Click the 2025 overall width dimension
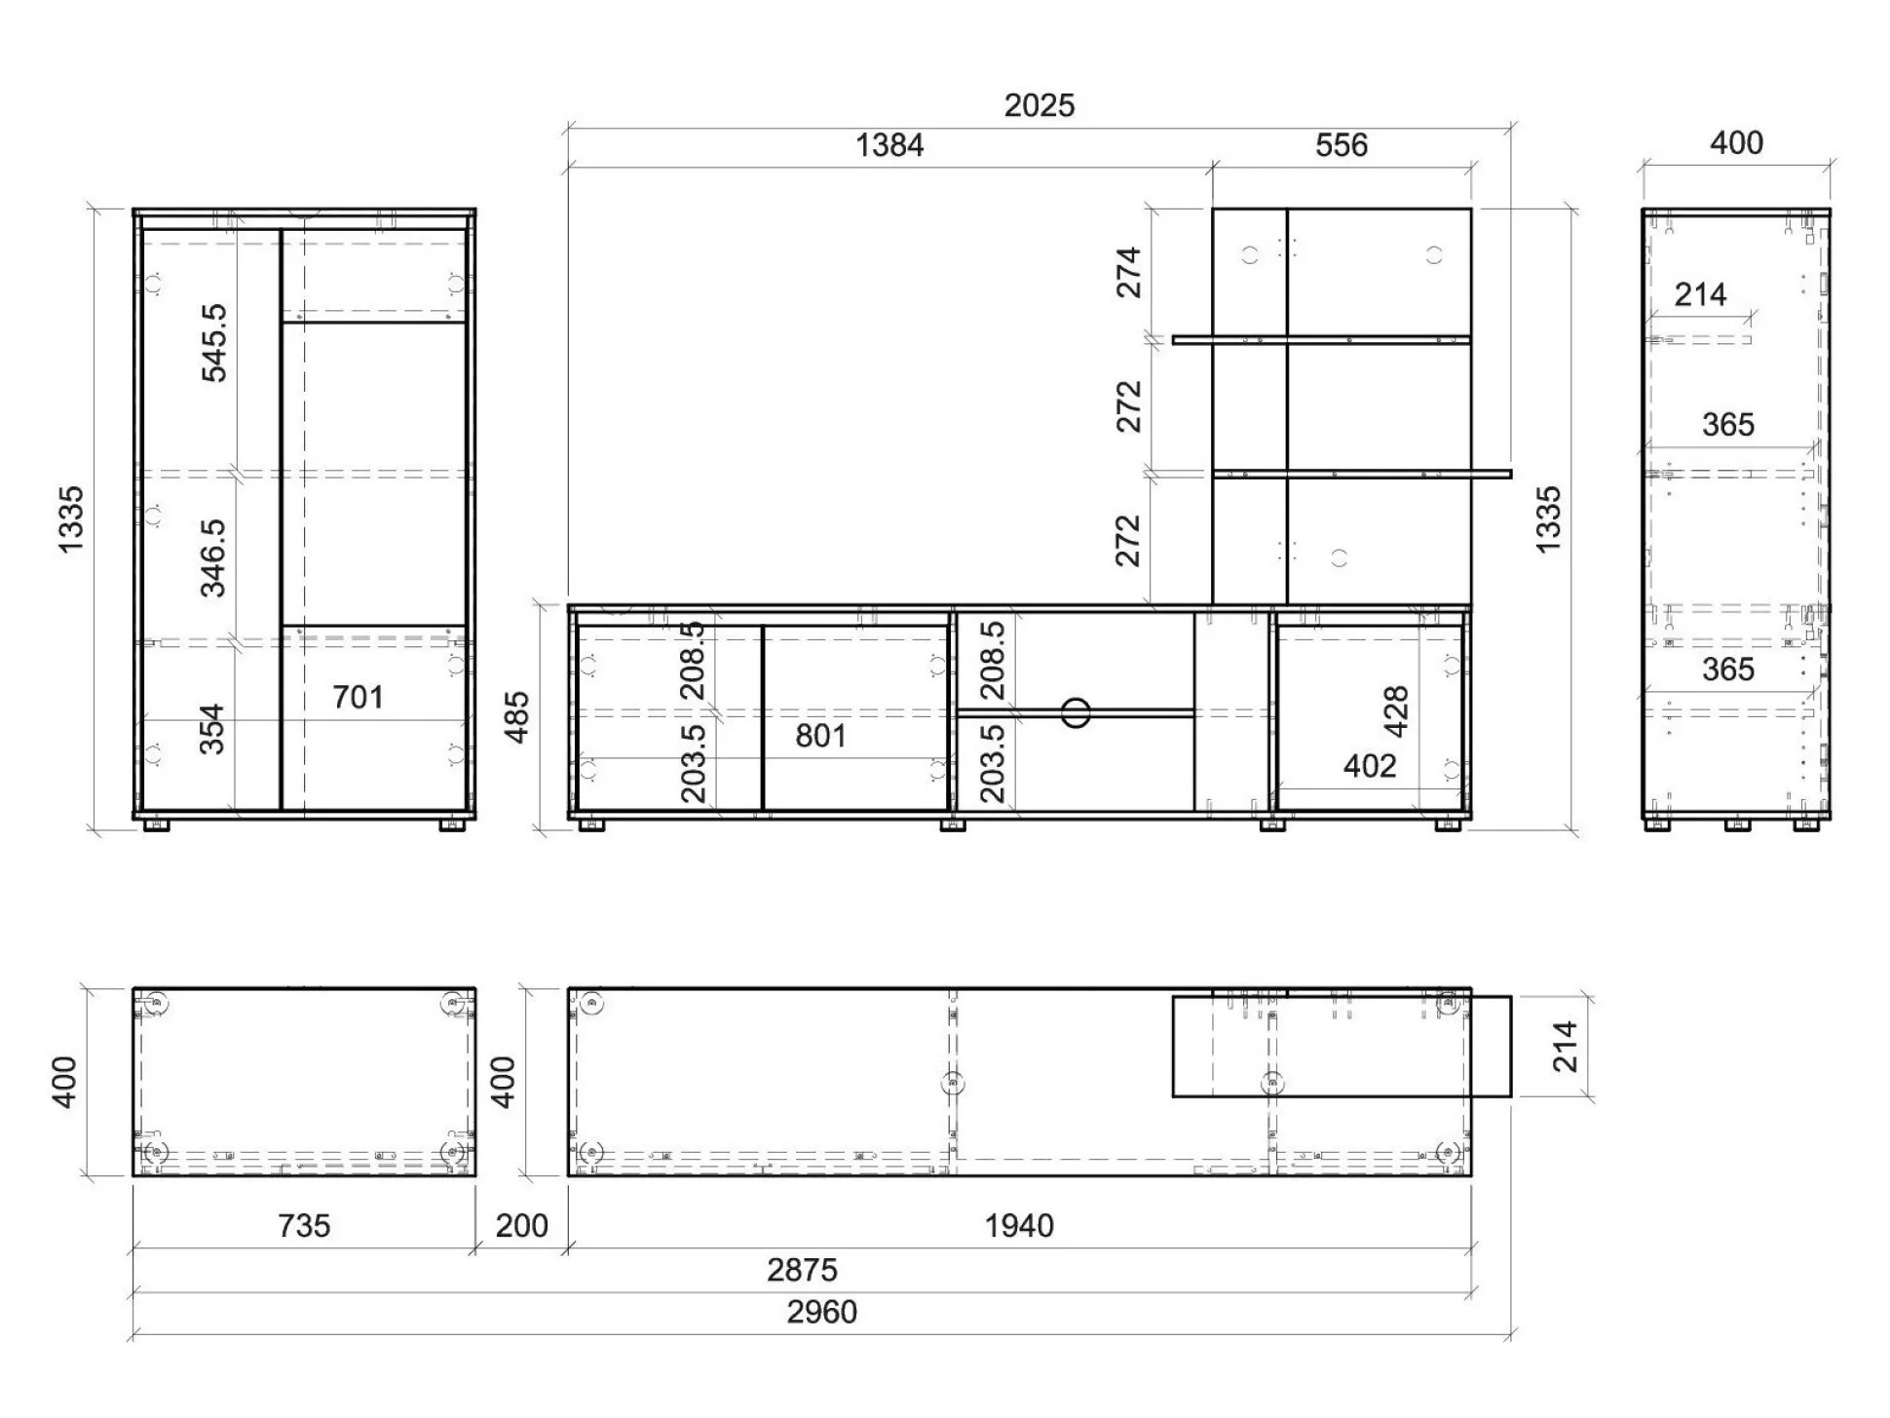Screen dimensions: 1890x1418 1039,105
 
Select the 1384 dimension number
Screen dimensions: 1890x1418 889,145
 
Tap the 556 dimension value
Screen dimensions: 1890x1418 1342,145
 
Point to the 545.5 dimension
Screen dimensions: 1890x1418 213,342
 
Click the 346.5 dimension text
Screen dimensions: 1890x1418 213,557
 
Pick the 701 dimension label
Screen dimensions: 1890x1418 358,697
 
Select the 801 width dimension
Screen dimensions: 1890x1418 820,736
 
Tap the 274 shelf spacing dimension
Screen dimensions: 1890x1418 1128,272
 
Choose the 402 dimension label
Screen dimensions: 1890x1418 1370,766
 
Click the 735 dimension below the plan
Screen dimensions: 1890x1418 304,1225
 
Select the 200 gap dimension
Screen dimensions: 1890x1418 522,1225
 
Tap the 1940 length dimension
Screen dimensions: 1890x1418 1019,1225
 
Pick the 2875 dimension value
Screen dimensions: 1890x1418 802,1270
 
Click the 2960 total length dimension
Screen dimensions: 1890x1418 822,1312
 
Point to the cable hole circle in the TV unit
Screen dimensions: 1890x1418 1076,712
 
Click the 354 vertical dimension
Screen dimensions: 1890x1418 212,729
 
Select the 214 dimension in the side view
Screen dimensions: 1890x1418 1700,294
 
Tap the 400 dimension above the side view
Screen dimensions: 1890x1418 1736,143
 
